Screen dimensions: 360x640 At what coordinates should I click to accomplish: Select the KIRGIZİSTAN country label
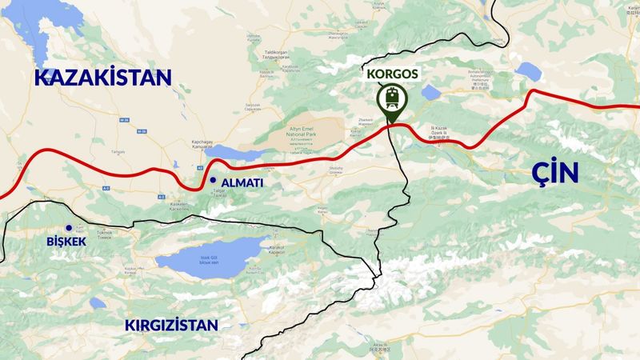pyautogui.click(x=171, y=325)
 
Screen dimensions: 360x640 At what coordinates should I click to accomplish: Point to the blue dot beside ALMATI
pyautogui.click(x=213, y=181)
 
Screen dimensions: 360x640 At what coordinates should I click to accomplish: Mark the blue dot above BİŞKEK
pyautogui.click(x=70, y=227)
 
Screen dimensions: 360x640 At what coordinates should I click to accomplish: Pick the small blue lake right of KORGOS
pyautogui.click(x=430, y=93)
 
